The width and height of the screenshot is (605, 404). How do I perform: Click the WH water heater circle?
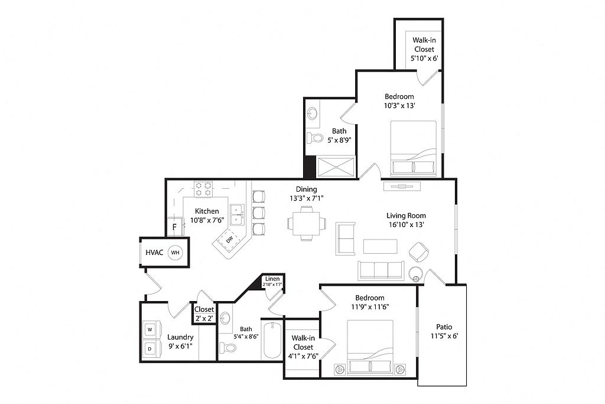175,253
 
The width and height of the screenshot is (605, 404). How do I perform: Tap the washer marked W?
150,329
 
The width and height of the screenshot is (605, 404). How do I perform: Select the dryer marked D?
149,349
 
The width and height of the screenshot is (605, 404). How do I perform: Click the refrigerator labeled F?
174,227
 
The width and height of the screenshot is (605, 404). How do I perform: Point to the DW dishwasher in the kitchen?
230,240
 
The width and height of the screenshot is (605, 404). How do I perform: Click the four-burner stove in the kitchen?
203,189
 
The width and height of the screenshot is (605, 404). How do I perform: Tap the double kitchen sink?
237,214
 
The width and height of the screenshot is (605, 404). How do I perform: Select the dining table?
307,223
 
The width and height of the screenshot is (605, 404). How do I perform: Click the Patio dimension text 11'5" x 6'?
444,336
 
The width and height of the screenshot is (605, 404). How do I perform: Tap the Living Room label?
406,215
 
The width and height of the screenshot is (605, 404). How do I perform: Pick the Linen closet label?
272,279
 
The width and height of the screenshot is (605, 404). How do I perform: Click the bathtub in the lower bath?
272,340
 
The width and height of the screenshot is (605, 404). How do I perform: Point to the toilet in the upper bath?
314,137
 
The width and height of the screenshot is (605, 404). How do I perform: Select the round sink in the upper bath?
312,114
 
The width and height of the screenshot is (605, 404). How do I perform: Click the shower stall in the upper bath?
336,167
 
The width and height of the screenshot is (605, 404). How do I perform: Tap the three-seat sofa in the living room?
380,270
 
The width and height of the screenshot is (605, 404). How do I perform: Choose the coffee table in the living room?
380,247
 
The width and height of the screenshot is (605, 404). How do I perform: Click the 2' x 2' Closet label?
204,314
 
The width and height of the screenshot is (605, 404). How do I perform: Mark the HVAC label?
154,253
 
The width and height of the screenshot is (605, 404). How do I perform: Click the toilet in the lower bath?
227,348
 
